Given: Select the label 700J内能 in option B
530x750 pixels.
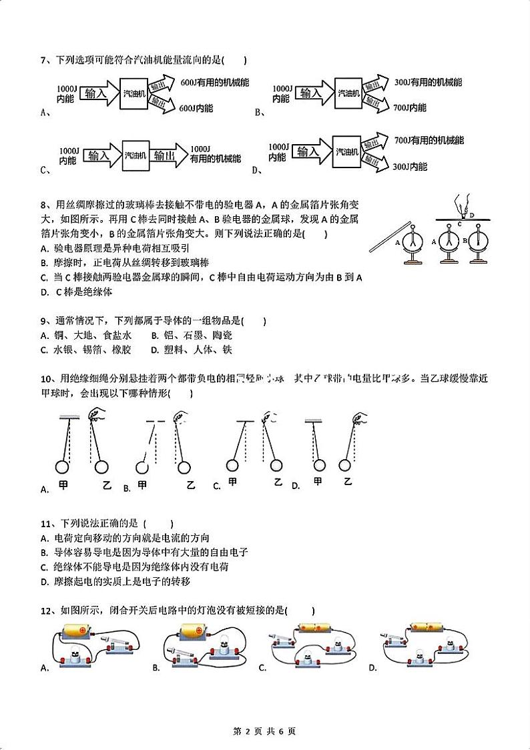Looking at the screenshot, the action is (x=410, y=107).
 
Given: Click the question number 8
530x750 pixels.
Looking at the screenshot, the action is (x=43, y=205).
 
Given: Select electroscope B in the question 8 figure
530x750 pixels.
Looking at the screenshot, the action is (x=478, y=241).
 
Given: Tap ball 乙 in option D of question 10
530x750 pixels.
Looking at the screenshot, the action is (x=346, y=465).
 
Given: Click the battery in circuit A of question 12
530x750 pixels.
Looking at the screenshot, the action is (x=81, y=630).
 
